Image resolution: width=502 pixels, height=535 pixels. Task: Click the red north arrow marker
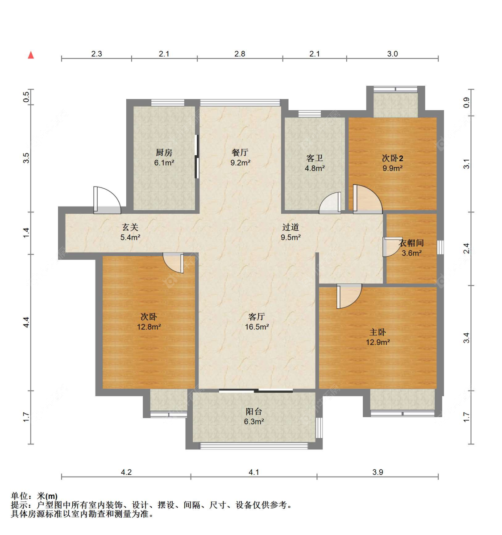31,54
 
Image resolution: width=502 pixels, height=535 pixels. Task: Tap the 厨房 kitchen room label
164,153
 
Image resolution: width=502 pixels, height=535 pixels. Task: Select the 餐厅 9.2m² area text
240,163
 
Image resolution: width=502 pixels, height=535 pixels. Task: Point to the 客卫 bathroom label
314,158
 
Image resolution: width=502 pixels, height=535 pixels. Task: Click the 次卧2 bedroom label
393,158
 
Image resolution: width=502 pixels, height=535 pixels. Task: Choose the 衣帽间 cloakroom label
411,243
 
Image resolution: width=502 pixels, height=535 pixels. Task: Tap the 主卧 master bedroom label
378,332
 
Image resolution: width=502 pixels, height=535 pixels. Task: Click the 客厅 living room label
257,317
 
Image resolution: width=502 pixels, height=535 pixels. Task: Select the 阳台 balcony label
253,411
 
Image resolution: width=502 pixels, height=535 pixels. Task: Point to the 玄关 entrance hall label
130,227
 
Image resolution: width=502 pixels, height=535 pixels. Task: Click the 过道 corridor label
290,227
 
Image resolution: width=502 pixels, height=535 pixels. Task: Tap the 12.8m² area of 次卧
149,327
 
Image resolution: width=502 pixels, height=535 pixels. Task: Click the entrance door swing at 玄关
107,200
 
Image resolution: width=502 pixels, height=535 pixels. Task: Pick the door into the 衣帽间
393,247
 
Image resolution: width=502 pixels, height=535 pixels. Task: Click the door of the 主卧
349,296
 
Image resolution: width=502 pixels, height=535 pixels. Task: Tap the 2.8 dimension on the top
240,54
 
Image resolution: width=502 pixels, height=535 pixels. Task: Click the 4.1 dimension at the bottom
253,472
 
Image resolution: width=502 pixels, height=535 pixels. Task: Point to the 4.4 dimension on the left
26,323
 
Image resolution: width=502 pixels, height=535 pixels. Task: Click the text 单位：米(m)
34,496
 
